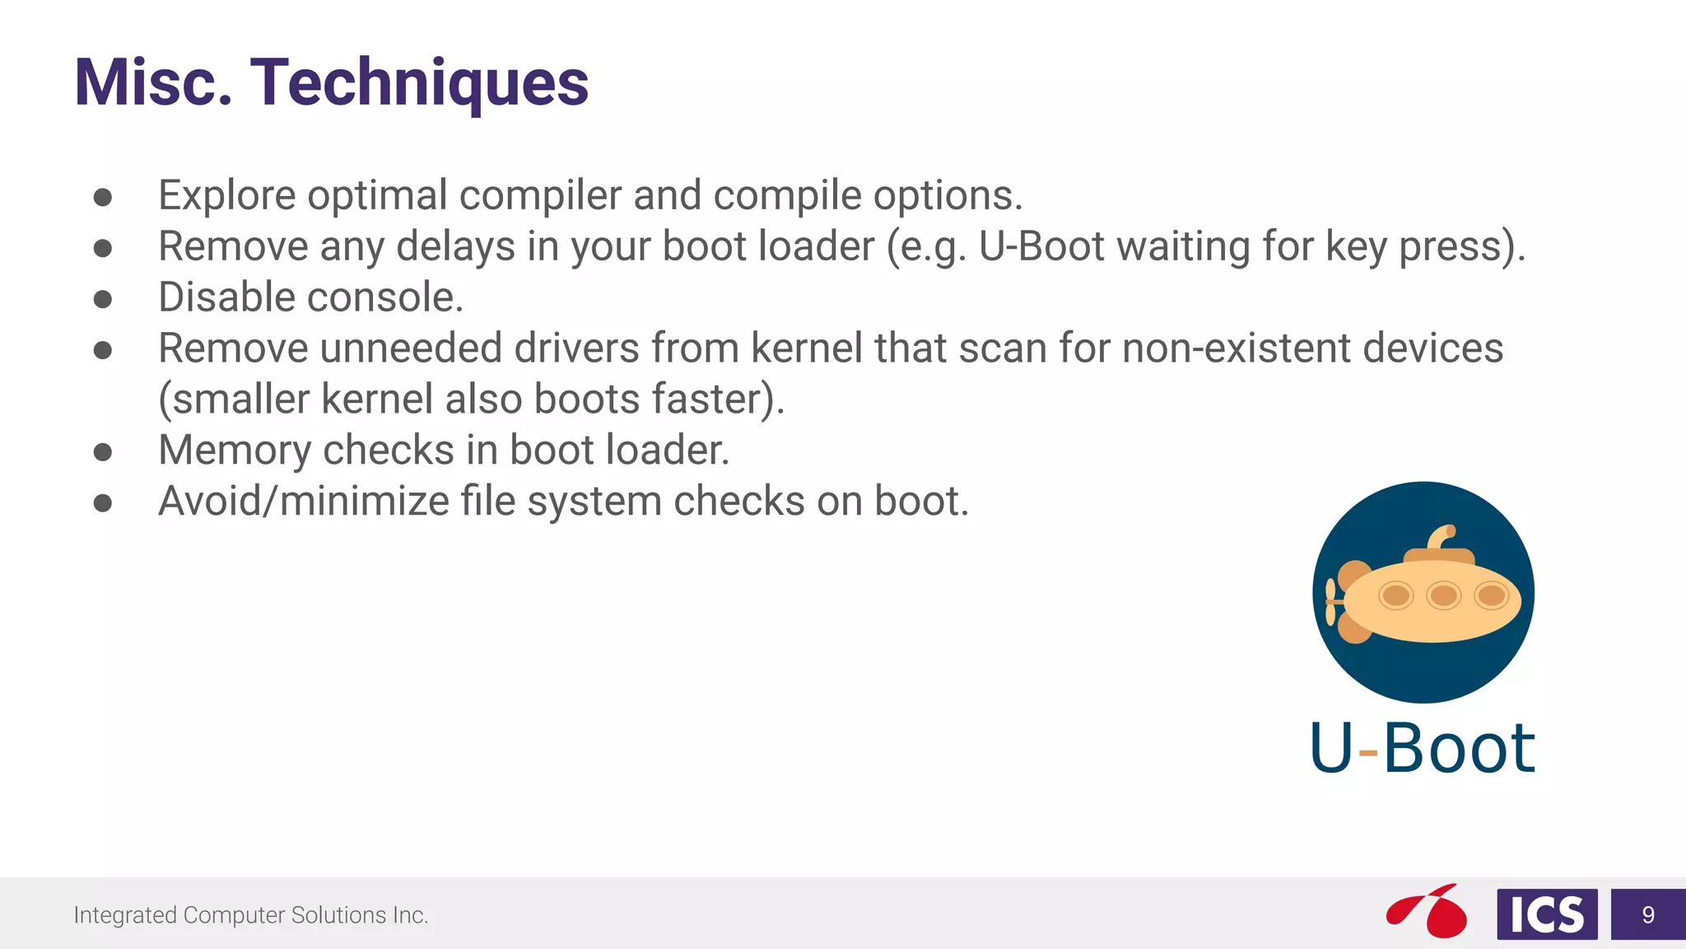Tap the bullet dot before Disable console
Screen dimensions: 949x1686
[x=103, y=298]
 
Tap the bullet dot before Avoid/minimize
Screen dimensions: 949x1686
[x=103, y=503]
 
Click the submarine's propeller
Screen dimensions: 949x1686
[x=1331, y=602]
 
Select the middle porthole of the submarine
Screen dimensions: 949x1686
[x=1443, y=595]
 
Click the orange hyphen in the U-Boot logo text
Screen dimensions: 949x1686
[x=1367, y=752]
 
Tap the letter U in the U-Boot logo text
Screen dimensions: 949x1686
[x=1331, y=747]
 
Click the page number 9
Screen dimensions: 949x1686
[x=1648, y=914]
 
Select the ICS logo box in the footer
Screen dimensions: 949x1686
[x=1547, y=914]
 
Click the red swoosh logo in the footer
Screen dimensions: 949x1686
[x=1427, y=911]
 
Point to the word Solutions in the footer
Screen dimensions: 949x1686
[x=338, y=915]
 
